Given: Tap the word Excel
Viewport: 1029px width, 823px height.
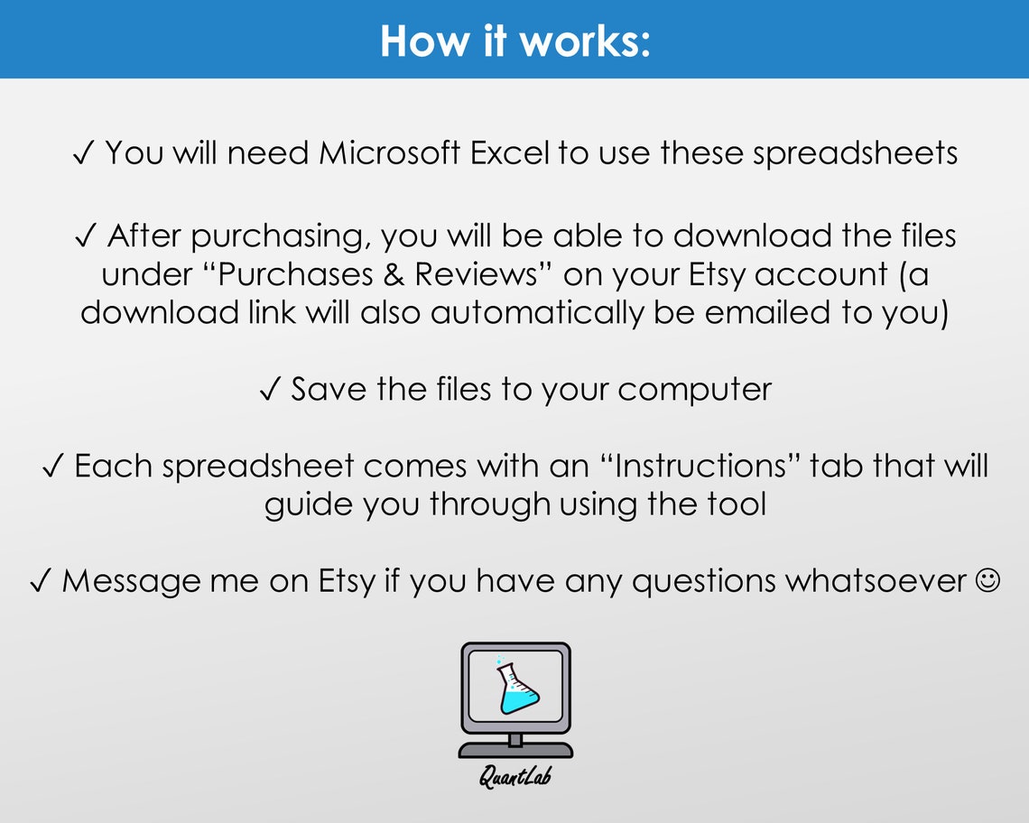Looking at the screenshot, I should coord(509,153).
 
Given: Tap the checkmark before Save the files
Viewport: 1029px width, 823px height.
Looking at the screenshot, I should coord(269,391).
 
